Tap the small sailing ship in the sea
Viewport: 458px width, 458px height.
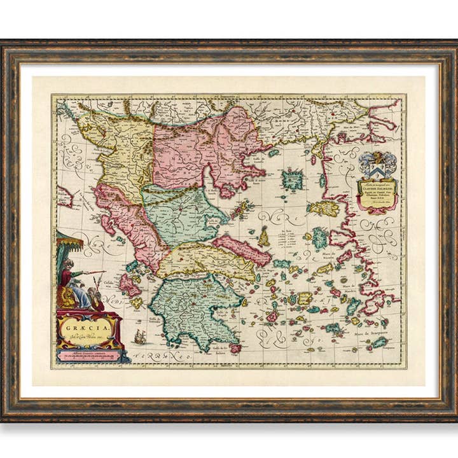(140, 337)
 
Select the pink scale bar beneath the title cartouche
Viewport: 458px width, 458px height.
(89, 355)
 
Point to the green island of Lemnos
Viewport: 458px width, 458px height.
(293, 180)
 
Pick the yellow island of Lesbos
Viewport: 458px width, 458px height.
(323, 208)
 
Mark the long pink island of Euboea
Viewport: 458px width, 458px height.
(242, 249)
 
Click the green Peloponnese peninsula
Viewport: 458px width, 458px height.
(191, 305)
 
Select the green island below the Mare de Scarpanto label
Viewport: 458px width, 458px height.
(379, 342)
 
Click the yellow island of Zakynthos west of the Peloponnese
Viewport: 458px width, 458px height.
(137, 303)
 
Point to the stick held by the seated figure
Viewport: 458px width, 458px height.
(92, 273)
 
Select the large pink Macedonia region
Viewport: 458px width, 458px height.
(204, 149)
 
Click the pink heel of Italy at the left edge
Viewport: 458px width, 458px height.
(64, 196)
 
